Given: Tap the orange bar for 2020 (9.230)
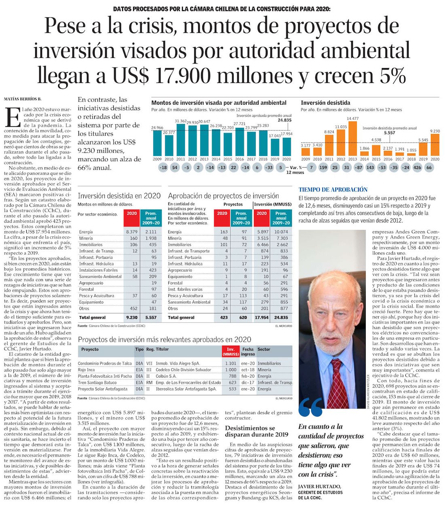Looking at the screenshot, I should click(435, 145).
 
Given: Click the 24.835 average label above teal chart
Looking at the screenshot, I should click(284, 120).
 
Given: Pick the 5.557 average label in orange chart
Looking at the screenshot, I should click(389, 133).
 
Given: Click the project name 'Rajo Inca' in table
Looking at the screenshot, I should click(86, 370).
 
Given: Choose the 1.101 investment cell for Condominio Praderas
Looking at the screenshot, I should click(231, 363).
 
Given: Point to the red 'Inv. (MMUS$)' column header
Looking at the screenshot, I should click(231, 351).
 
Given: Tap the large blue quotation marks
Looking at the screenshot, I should click(311, 407).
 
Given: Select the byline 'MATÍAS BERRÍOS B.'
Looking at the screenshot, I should click(23, 99).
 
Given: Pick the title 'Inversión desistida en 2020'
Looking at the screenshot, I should click(119, 196).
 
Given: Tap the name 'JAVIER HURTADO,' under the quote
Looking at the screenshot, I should click(320, 486).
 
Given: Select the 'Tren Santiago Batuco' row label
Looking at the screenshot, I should click(97, 383).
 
